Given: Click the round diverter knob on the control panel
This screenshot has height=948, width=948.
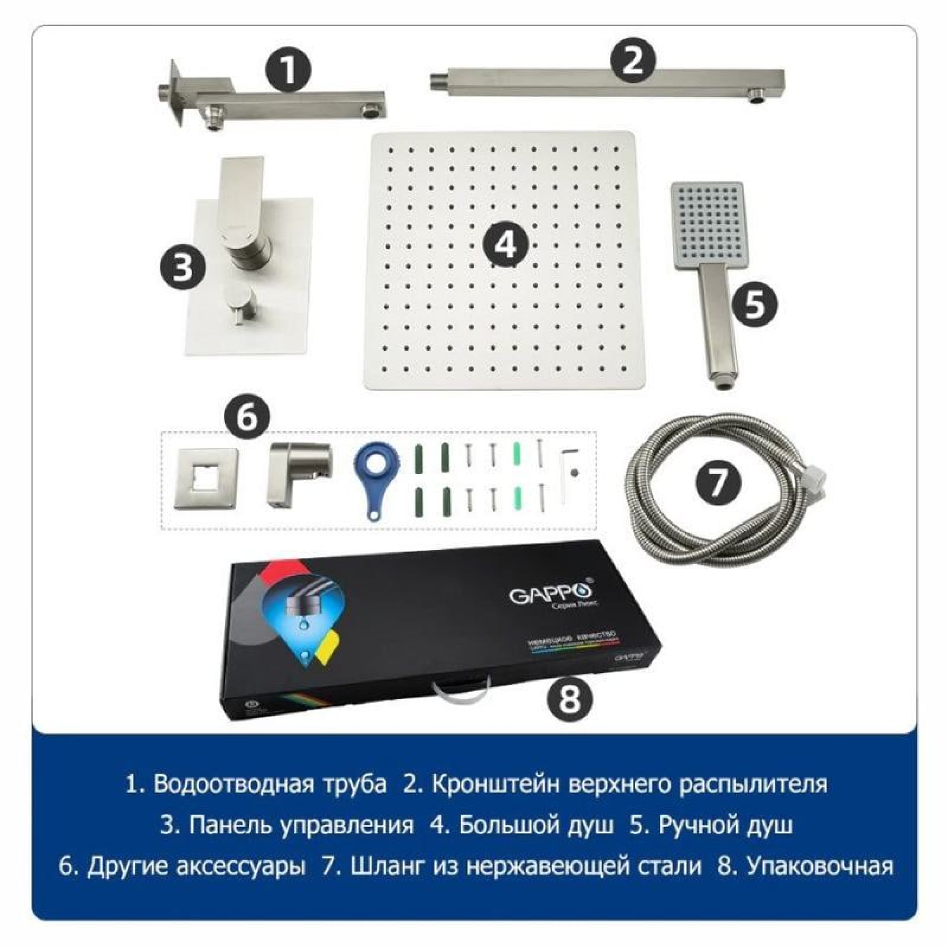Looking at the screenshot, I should tap(239, 301).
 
